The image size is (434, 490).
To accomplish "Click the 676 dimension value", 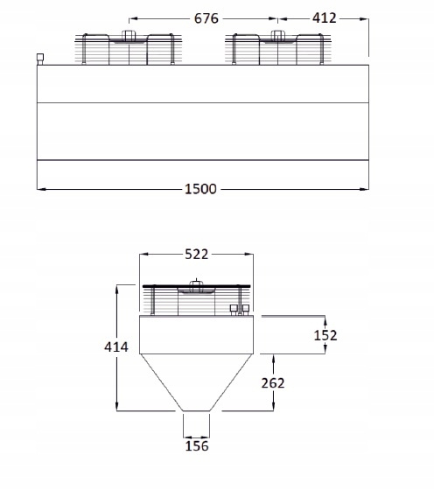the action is click(206, 18).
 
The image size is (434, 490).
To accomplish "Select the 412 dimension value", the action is click(325, 17).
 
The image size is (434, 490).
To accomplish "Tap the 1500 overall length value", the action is click(200, 189).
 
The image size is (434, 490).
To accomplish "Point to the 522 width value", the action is click(196, 255).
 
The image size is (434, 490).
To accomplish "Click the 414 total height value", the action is click(116, 346).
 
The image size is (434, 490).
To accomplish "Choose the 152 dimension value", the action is click(325, 335).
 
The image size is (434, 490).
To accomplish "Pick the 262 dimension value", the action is click(273, 383).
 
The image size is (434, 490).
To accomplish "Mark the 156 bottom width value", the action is click(197, 446).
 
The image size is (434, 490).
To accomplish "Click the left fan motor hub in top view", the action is click(128, 36).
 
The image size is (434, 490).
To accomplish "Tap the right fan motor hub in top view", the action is click(277, 36).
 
